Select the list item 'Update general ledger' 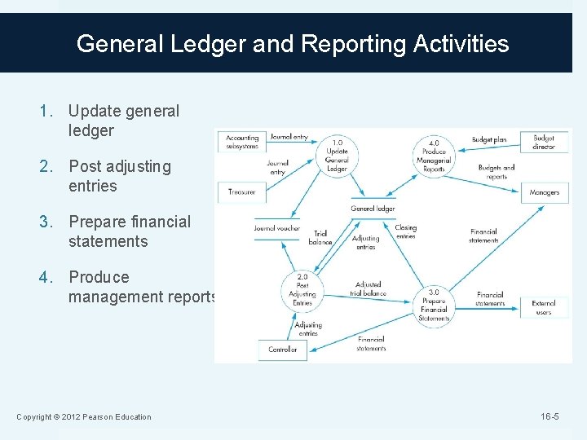(123, 121)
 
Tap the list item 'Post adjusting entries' (120, 176)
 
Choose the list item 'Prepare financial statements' (129, 231)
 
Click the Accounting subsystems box (242, 142)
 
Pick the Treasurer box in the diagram (242, 192)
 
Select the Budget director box (544, 142)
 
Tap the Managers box (544, 192)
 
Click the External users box (544, 307)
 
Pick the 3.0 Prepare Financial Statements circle (434, 305)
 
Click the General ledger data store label (373, 209)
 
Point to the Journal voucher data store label (276, 228)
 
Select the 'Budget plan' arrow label (489, 140)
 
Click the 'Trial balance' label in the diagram (320, 238)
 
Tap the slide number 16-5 (549, 417)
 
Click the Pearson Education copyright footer (84, 417)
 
